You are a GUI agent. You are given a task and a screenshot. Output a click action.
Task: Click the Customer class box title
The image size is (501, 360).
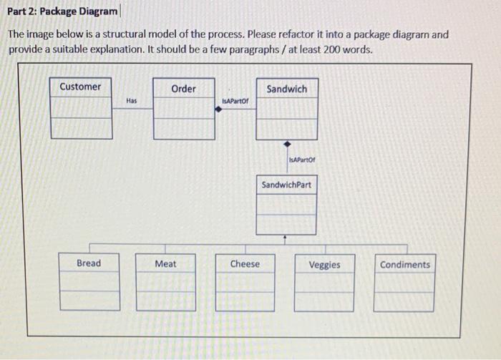pyautogui.click(x=80, y=87)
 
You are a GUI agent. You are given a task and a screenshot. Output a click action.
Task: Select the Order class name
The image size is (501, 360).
pyautogui.click(x=184, y=88)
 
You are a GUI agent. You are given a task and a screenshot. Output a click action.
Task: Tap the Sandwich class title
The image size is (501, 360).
pyautogui.click(x=286, y=89)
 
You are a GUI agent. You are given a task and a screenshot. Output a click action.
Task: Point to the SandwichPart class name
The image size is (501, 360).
pyautogui.click(x=286, y=185)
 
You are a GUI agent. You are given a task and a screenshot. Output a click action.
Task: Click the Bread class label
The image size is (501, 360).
pyautogui.click(x=89, y=263)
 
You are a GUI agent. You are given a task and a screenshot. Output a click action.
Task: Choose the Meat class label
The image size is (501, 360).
pyautogui.click(x=165, y=264)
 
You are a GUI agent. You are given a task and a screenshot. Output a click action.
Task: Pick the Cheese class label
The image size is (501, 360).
pyautogui.click(x=245, y=264)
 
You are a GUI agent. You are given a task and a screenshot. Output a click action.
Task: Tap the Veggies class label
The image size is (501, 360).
pyautogui.click(x=324, y=265)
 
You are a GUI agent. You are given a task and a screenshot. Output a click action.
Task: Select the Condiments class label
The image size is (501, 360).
pyautogui.click(x=405, y=264)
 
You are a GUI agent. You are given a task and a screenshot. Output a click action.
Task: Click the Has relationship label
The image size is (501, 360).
pyautogui.click(x=131, y=102)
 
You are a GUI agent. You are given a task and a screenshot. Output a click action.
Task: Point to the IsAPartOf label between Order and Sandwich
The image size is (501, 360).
pyautogui.click(x=235, y=102)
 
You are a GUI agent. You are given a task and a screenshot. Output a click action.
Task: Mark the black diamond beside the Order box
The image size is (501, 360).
pyautogui.click(x=218, y=111)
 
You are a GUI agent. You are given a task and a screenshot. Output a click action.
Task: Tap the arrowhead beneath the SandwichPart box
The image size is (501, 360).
pyautogui.click(x=285, y=237)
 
